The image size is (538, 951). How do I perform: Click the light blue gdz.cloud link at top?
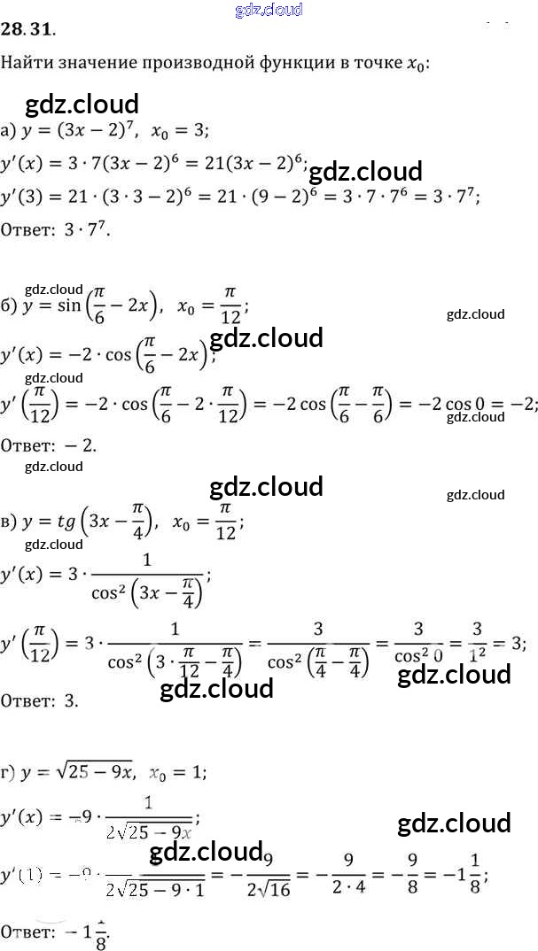click(269, 10)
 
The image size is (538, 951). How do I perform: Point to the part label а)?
click(9, 130)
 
